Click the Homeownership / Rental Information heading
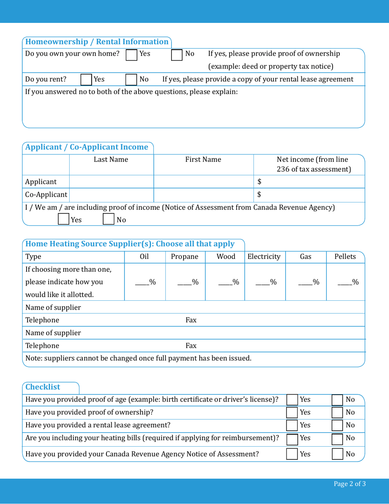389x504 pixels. [x=97, y=41]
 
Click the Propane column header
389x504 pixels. [x=184, y=257]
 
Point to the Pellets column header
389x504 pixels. [x=345, y=257]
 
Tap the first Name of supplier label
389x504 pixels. [x=53, y=308]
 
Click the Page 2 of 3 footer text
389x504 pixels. [x=350, y=484]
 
